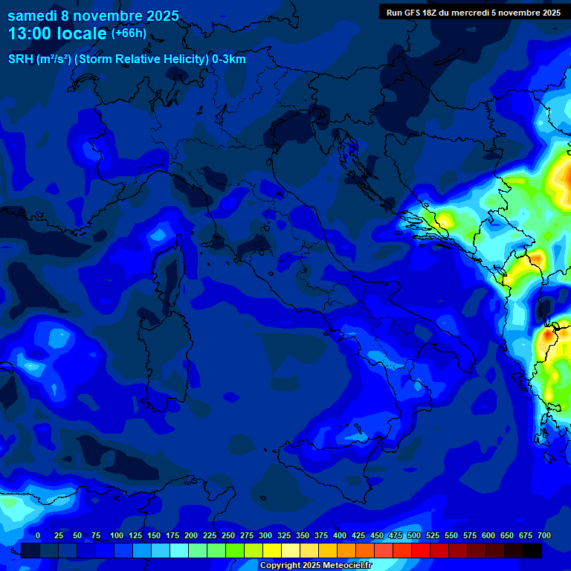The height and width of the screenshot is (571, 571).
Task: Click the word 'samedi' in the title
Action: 32,15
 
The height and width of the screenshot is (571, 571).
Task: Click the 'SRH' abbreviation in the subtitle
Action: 20,59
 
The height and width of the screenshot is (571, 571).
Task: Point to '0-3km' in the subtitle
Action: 228,59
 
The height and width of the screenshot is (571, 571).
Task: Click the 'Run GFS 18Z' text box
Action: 472,12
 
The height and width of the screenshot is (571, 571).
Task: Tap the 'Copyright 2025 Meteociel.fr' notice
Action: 315,565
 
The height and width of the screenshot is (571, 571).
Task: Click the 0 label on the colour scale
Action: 38,535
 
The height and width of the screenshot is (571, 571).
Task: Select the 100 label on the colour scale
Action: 116,535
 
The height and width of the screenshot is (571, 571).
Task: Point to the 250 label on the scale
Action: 228,535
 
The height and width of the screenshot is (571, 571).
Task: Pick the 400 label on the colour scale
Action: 340,535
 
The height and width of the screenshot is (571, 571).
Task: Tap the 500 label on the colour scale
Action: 414,535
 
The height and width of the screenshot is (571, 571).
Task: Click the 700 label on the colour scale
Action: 543,535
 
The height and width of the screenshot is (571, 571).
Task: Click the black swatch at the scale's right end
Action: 532,550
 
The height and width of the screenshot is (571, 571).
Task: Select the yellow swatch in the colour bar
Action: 272,550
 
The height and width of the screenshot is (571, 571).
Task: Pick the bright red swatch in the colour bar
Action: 421,550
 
